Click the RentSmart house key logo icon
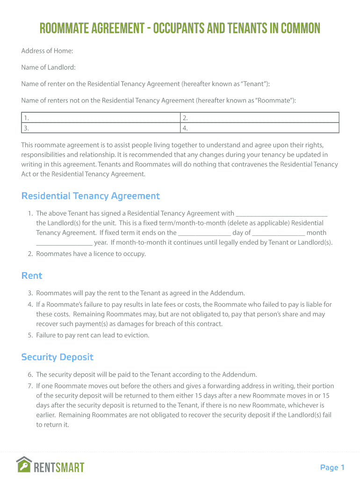click(24, 464)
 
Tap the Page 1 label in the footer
click(332, 467)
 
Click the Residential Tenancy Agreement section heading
click(91, 196)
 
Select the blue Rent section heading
click(32, 276)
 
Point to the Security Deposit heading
click(58, 357)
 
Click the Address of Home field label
click(47, 51)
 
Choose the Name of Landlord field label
click(48, 67)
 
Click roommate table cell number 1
click(101, 118)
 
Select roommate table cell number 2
click(259, 118)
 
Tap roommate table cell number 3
click(101, 128)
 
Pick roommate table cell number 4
click(259, 128)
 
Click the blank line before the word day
click(205, 233)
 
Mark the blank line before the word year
click(64, 243)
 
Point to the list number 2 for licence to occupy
click(30, 254)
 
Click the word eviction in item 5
click(136, 335)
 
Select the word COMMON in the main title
click(298, 29)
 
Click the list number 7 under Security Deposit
click(30, 386)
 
